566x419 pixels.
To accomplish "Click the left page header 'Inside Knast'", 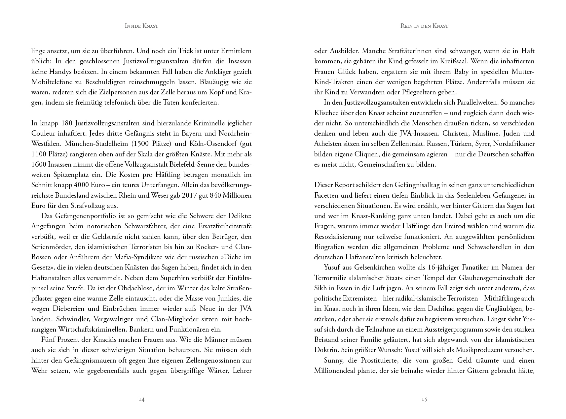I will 141,26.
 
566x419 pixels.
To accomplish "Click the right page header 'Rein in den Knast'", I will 424,26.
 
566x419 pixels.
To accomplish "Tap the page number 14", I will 141,399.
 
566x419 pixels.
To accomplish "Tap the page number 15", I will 425,399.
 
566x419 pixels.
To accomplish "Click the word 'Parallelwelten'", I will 511,103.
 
